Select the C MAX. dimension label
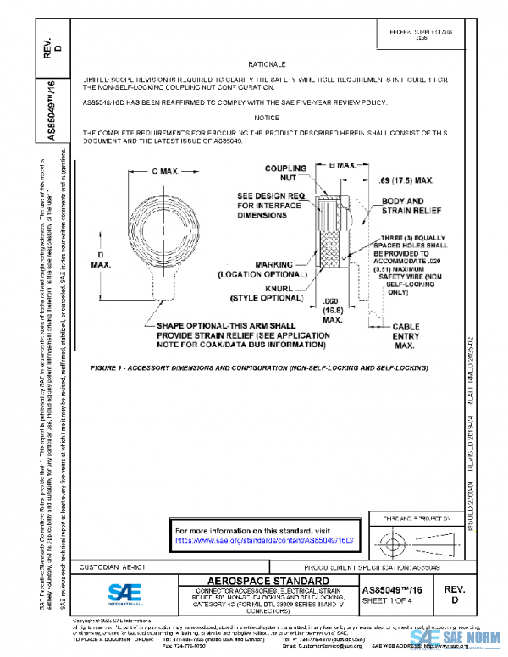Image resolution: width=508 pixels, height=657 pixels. point(166,172)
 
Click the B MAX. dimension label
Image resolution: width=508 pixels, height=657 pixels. point(343,168)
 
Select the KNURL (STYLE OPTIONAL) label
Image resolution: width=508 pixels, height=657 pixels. point(269,292)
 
